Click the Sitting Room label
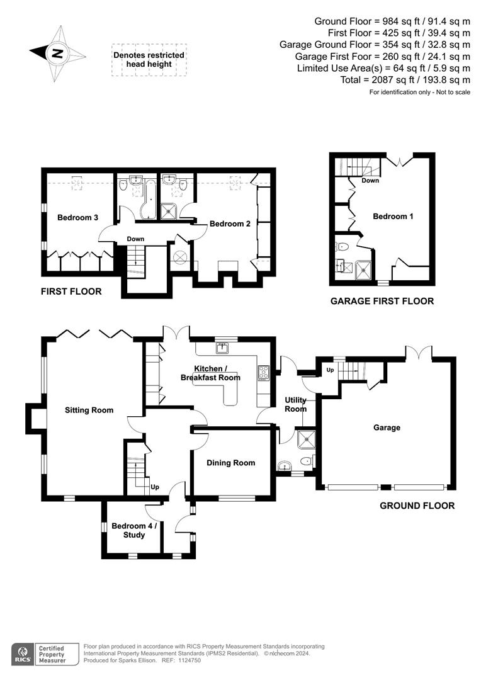click(x=89, y=410)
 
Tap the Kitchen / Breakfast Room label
click(x=210, y=373)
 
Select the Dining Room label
click(x=231, y=463)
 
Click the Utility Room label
click(x=295, y=404)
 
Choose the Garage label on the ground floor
click(x=387, y=428)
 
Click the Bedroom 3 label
click(x=77, y=218)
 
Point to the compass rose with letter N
click(x=58, y=54)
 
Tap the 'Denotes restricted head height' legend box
click(x=149, y=60)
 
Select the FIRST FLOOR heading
click(x=71, y=292)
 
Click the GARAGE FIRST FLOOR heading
click(x=382, y=301)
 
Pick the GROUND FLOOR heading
click(x=417, y=506)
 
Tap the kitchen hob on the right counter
click(x=263, y=373)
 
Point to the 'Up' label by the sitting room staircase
click(x=154, y=487)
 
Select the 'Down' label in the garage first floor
click(x=370, y=181)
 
